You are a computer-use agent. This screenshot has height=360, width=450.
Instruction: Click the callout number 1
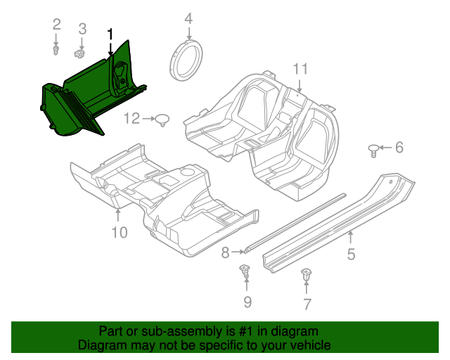pyautogui.click(x=110, y=34)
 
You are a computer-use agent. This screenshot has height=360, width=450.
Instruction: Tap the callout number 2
pyautogui.click(x=57, y=26)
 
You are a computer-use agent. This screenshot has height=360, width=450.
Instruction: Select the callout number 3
pyautogui.click(x=82, y=29)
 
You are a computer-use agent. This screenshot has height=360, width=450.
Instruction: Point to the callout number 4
pyautogui.click(x=188, y=18)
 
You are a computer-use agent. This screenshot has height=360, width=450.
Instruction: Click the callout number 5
pyautogui.click(x=351, y=254)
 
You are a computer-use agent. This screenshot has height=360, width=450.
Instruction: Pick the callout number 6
pyautogui.click(x=399, y=147)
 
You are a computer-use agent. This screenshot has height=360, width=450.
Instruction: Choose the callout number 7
pyautogui.click(x=307, y=304)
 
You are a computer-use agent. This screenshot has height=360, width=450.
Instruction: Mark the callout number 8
pyautogui.click(x=225, y=251)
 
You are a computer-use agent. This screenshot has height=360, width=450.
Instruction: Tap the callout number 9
pyautogui.click(x=247, y=302)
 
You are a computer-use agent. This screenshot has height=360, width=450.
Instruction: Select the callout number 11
pyautogui.click(x=300, y=69)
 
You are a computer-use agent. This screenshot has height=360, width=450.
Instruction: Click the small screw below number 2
pyautogui.click(x=57, y=50)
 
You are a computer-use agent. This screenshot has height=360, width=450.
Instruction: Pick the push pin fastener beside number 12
pyautogui.click(x=163, y=120)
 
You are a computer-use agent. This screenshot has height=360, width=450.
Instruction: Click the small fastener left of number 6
pyautogui.click(x=373, y=148)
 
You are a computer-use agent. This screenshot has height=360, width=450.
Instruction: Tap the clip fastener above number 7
pyautogui.click(x=307, y=276)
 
